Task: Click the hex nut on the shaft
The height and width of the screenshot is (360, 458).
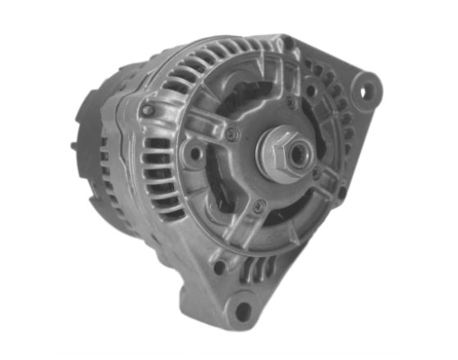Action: pyautogui.click(x=283, y=153)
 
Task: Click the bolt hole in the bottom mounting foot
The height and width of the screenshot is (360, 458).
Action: pyautogui.click(x=243, y=310)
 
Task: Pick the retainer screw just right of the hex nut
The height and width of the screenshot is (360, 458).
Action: pyautogui.click(x=318, y=173)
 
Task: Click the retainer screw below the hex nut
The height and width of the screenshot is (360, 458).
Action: pyautogui.click(x=259, y=205)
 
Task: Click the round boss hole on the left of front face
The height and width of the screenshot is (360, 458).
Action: pyautogui.click(x=195, y=153)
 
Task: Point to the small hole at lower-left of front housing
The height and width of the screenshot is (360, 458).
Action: pyautogui.click(x=219, y=267)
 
